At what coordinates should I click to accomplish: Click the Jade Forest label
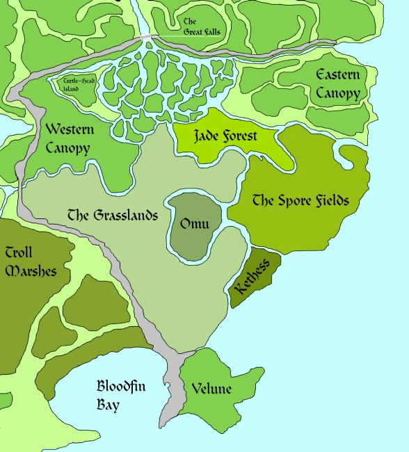click(225, 136)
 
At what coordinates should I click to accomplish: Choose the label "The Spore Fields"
click(300, 201)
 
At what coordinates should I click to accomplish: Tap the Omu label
click(194, 225)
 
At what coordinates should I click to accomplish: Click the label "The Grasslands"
click(113, 215)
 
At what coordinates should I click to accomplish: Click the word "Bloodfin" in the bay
click(121, 387)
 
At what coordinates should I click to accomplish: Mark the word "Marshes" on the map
click(31, 271)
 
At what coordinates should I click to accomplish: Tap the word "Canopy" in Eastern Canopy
click(337, 93)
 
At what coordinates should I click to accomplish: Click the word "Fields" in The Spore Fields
click(326, 201)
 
